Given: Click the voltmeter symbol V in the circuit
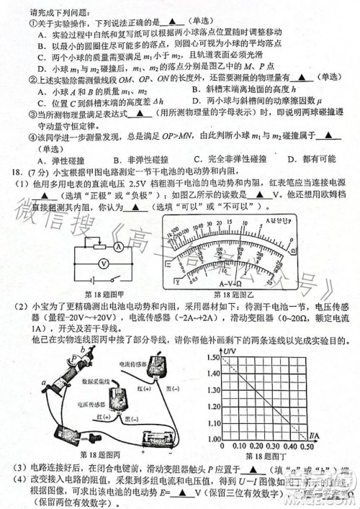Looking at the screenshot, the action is (104, 263).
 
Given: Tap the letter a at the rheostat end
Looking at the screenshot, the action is (45, 381).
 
